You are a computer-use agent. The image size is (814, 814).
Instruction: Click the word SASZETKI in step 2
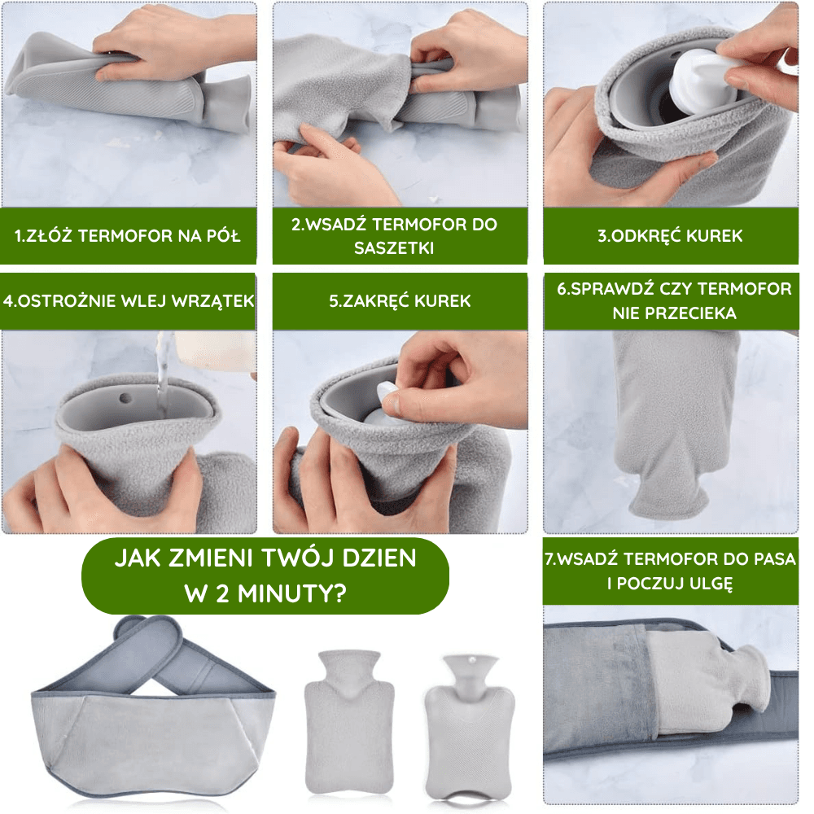pyautogui.click(x=393, y=248)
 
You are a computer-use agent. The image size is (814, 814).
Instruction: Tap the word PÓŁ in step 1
pyautogui.click(x=225, y=236)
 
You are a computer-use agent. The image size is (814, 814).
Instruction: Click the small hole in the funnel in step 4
pyautogui.click(x=125, y=399)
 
